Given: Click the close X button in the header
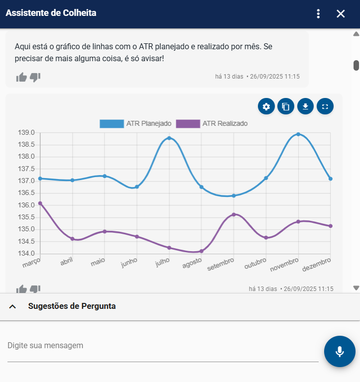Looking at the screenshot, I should [x=341, y=14].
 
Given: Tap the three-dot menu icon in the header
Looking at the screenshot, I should [x=319, y=14].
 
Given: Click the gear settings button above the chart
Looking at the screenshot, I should [x=266, y=106].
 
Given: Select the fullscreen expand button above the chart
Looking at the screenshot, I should [x=325, y=106].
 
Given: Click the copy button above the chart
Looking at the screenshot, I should [x=286, y=106].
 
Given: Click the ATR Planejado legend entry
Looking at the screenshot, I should [x=135, y=123].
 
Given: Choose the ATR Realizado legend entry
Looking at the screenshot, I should [x=212, y=123].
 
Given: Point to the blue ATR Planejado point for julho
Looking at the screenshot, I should [x=169, y=138].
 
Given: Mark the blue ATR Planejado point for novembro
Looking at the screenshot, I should [x=298, y=134].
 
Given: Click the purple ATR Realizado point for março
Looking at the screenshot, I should [x=40, y=203].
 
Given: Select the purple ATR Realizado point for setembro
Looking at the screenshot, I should [x=234, y=214].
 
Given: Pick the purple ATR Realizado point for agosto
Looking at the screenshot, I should [x=201, y=251].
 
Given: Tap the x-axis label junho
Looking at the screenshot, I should [x=129, y=263].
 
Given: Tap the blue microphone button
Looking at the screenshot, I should [x=340, y=351].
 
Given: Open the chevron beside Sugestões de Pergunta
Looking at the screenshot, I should [x=12, y=306].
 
